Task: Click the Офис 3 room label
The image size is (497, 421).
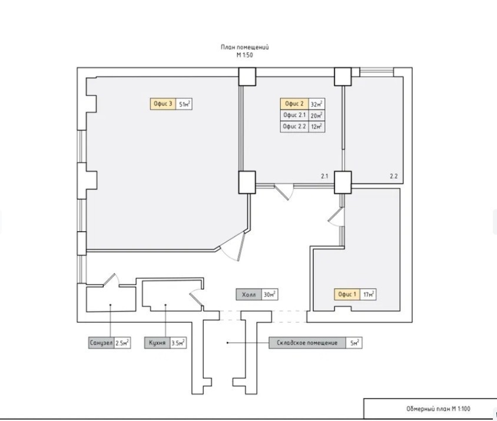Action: [x=163, y=104]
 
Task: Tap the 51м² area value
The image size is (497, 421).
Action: [x=184, y=104]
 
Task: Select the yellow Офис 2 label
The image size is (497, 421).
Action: [x=294, y=104]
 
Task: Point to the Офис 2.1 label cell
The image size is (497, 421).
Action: [x=294, y=115]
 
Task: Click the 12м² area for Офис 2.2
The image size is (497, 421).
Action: [x=317, y=126]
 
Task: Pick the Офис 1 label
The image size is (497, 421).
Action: [x=347, y=295]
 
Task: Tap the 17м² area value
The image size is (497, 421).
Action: [x=368, y=295]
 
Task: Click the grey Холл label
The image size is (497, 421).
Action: [x=249, y=295]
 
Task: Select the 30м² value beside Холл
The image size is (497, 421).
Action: [x=270, y=295]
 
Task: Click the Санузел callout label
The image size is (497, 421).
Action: [x=101, y=343]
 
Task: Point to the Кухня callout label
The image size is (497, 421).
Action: [x=157, y=343]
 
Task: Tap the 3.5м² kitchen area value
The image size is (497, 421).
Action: [x=178, y=343]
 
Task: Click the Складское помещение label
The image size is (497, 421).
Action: [x=307, y=343]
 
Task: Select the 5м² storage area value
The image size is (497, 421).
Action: [x=354, y=343]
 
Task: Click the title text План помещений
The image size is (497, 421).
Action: [x=245, y=47]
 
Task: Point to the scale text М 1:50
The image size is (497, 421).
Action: [x=245, y=55]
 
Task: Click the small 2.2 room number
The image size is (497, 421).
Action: [x=394, y=176]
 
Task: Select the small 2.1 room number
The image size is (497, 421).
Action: [x=324, y=176]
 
